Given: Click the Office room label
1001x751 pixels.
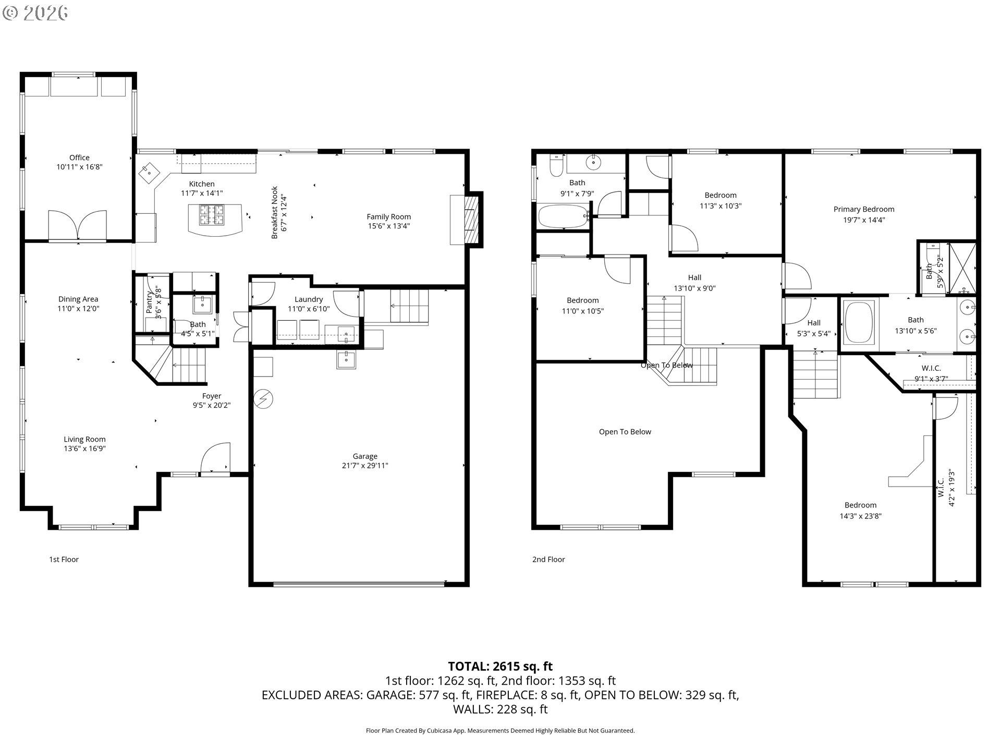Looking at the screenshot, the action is pos(79,158).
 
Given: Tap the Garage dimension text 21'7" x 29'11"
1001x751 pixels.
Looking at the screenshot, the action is pos(365,466).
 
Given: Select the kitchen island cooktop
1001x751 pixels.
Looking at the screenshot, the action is pos(212,215).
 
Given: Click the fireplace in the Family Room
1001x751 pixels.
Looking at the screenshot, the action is pos(467,220).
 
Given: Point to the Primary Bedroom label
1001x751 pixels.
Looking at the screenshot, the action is pos(864,209).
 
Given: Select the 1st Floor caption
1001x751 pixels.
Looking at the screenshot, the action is pos(64,560).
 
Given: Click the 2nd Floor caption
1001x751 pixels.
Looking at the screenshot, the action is pos(548,560).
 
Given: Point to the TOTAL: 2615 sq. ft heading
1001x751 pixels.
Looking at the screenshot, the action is pos(500,666).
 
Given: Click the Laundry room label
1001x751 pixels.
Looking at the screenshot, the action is pos(309,299).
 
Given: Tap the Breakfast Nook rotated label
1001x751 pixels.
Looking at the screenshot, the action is pos(275,213).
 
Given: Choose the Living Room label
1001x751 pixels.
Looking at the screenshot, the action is pos(84,439).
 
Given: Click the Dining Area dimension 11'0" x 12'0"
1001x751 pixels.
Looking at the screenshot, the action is pos(78,308).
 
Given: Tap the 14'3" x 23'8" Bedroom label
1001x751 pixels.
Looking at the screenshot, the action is pos(860,505).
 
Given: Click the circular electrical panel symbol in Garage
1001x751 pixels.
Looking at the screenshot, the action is pos(263,399).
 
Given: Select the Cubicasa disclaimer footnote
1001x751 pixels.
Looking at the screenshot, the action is pos(500,731).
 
